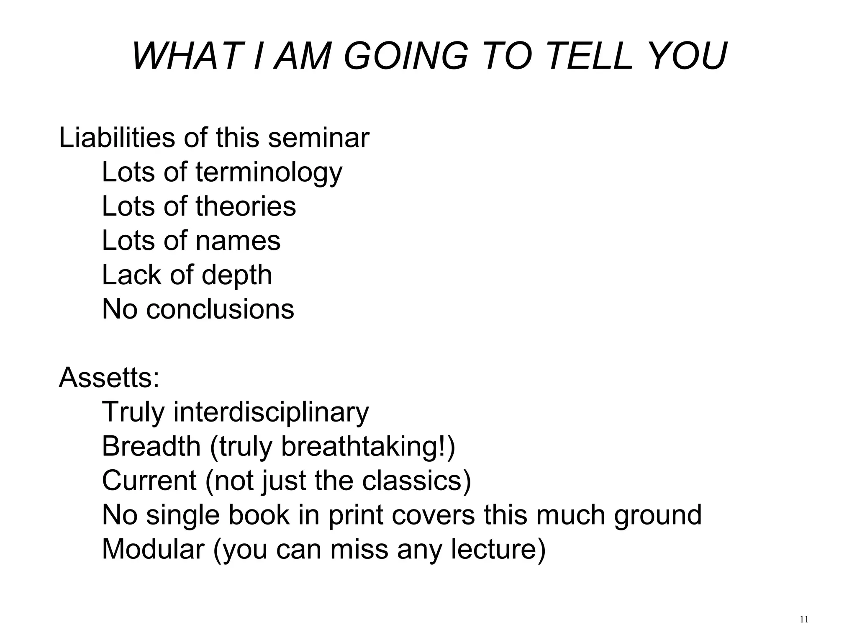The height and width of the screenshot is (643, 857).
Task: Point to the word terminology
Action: [269, 172]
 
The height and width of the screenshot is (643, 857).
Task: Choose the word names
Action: [238, 241]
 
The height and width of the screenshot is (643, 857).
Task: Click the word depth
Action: [236, 275]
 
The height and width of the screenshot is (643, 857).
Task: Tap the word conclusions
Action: [220, 309]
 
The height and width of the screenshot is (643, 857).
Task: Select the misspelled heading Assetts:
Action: [109, 378]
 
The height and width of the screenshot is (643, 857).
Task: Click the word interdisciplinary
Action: [271, 412]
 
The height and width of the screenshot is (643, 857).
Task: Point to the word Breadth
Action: [151, 446]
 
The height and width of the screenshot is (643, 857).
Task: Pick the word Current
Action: [149, 481]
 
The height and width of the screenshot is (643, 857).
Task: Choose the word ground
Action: [658, 516]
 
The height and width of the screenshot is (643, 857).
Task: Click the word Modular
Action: [153, 549]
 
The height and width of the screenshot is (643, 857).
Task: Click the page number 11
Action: [804, 620]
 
